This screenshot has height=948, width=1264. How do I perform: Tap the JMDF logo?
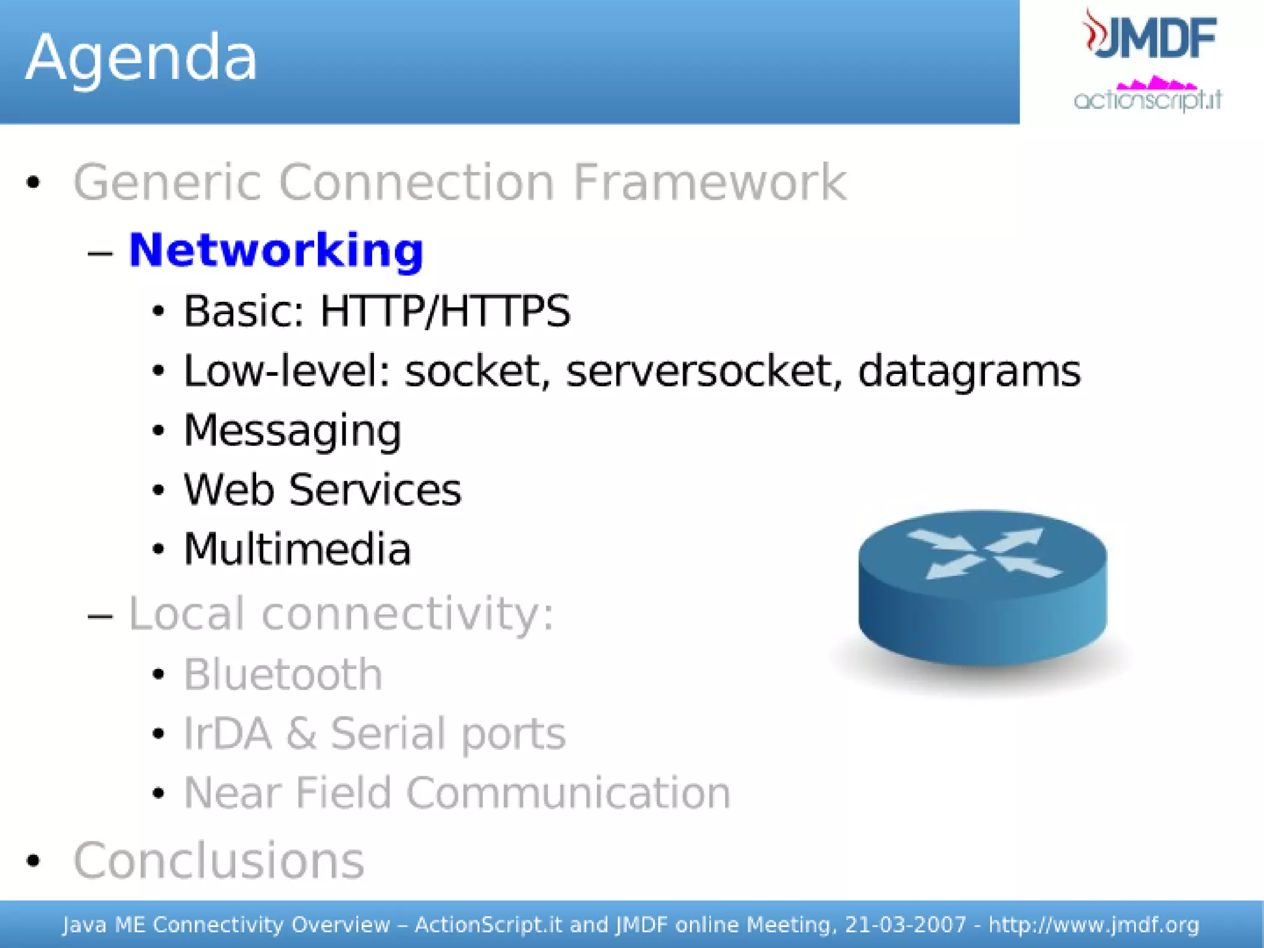(x=1151, y=36)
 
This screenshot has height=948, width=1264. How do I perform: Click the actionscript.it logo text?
(x=1147, y=99)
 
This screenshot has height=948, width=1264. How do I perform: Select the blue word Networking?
(x=276, y=250)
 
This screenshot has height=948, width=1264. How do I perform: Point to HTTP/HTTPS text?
(x=444, y=310)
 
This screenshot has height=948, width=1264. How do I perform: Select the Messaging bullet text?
(x=293, y=430)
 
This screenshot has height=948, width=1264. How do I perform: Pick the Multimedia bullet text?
(x=297, y=549)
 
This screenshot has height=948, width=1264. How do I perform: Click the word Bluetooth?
(x=283, y=674)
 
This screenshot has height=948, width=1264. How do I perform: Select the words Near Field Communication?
(x=457, y=792)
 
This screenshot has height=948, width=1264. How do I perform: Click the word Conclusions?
(x=218, y=861)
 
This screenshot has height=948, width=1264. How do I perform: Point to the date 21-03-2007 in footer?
(x=905, y=925)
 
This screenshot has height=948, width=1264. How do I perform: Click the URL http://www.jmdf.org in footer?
(x=1093, y=925)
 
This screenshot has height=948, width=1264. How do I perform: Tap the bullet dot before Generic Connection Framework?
(x=34, y=183)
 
